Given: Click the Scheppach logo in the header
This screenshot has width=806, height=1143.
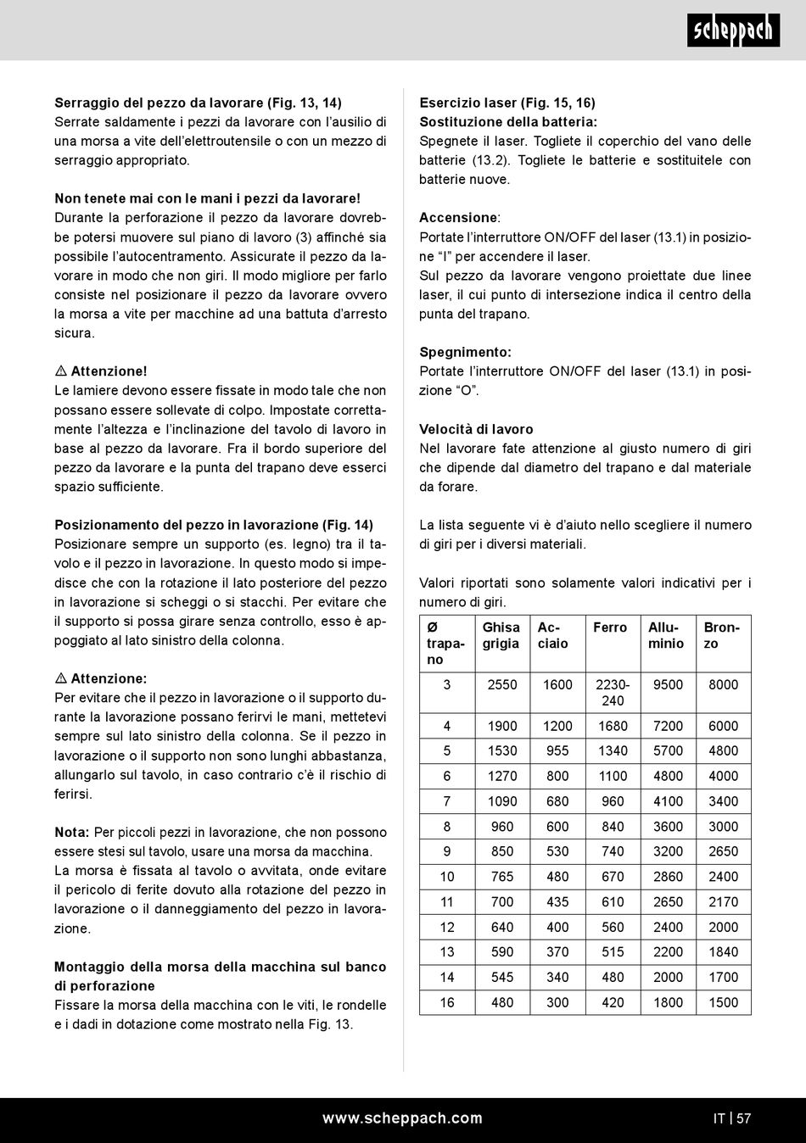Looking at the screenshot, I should [733, 31].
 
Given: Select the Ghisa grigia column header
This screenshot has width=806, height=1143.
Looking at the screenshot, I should [501, 635].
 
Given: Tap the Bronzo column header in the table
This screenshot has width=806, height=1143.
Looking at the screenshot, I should [722, 635].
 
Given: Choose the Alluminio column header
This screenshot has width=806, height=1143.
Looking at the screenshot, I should [666, 635].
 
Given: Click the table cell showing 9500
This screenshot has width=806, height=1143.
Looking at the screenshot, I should [668, 684].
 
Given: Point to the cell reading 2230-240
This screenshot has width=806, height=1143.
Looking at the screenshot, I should [613, 693].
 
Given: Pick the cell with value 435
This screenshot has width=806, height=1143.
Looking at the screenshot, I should [557, 901].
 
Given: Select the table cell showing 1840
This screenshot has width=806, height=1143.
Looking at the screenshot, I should [723, 951].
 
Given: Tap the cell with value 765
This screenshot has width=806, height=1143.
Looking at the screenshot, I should [502, 877].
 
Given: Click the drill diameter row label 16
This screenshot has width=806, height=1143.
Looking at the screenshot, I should [447, 1002].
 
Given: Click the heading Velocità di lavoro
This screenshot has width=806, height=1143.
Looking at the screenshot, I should [476, 429].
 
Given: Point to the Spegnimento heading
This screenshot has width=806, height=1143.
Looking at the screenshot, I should [465, 352].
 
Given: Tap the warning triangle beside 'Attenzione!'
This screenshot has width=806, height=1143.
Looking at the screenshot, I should [61, 371].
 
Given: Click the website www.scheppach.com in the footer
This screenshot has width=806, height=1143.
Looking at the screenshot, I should [402, 1118].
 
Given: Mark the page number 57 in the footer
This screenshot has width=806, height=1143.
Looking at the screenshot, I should [744, 1118].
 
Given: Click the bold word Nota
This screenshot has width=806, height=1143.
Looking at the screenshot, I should [71, 833].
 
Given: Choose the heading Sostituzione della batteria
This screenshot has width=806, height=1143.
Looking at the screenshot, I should [508, 122].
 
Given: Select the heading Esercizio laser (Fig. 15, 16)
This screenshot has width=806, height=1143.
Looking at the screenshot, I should [507, 103].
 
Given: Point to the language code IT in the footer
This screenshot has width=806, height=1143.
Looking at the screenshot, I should [719, 1118].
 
